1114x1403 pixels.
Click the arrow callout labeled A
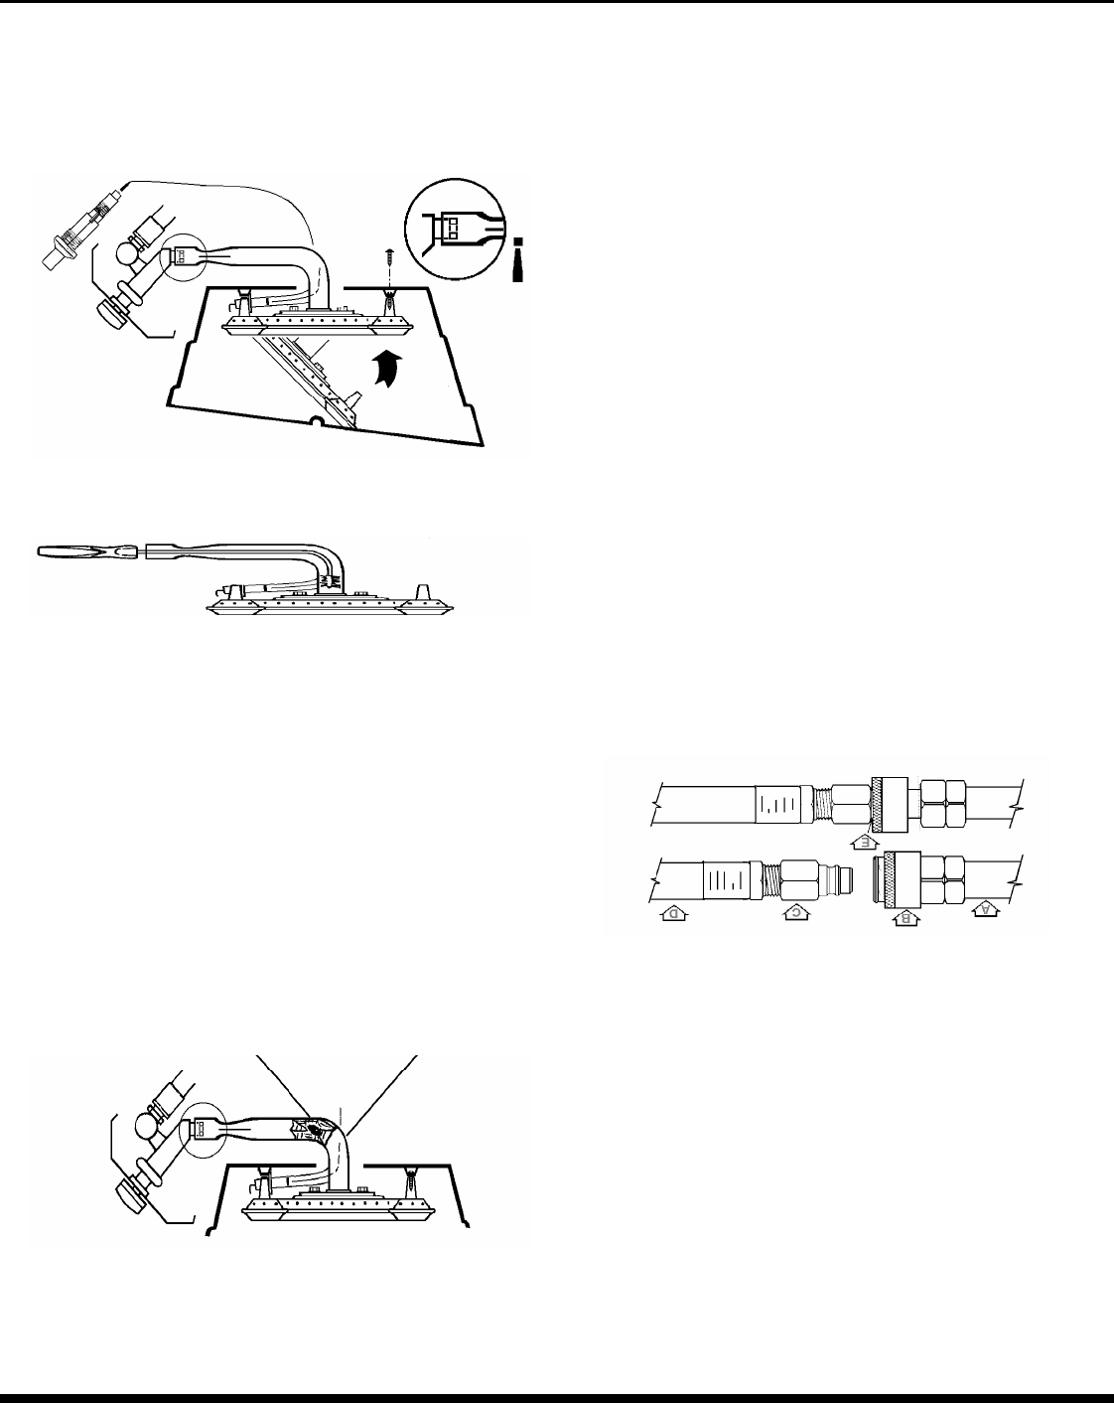pyautogui.click(x=985, y=907)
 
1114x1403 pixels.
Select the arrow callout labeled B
pyautogui.click(x=905, y=919)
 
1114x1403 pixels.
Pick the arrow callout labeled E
pyautogui.click(x=865, y=842)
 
